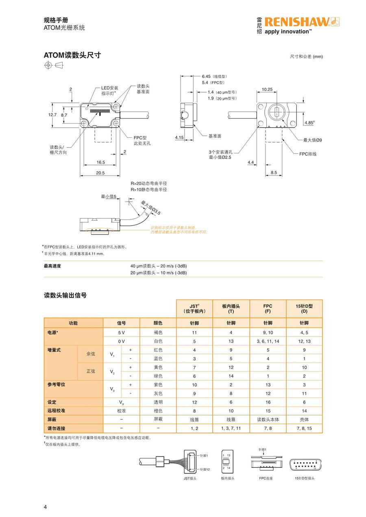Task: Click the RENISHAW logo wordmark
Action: point(297,22)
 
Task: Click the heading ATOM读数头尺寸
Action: point(72,55)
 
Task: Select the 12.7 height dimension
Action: point(52,115)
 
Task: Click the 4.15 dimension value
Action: point(179,138)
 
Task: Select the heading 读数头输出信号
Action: point(65,295)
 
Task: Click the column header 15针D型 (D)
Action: point(304,308)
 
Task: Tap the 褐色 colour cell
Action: point(158,332)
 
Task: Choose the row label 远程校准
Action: point(57,411)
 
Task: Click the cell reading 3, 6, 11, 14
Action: point(268,341)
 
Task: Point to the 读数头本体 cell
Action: point(268,419)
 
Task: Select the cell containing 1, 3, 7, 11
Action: point(231,428)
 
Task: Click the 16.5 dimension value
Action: point(100,162)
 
